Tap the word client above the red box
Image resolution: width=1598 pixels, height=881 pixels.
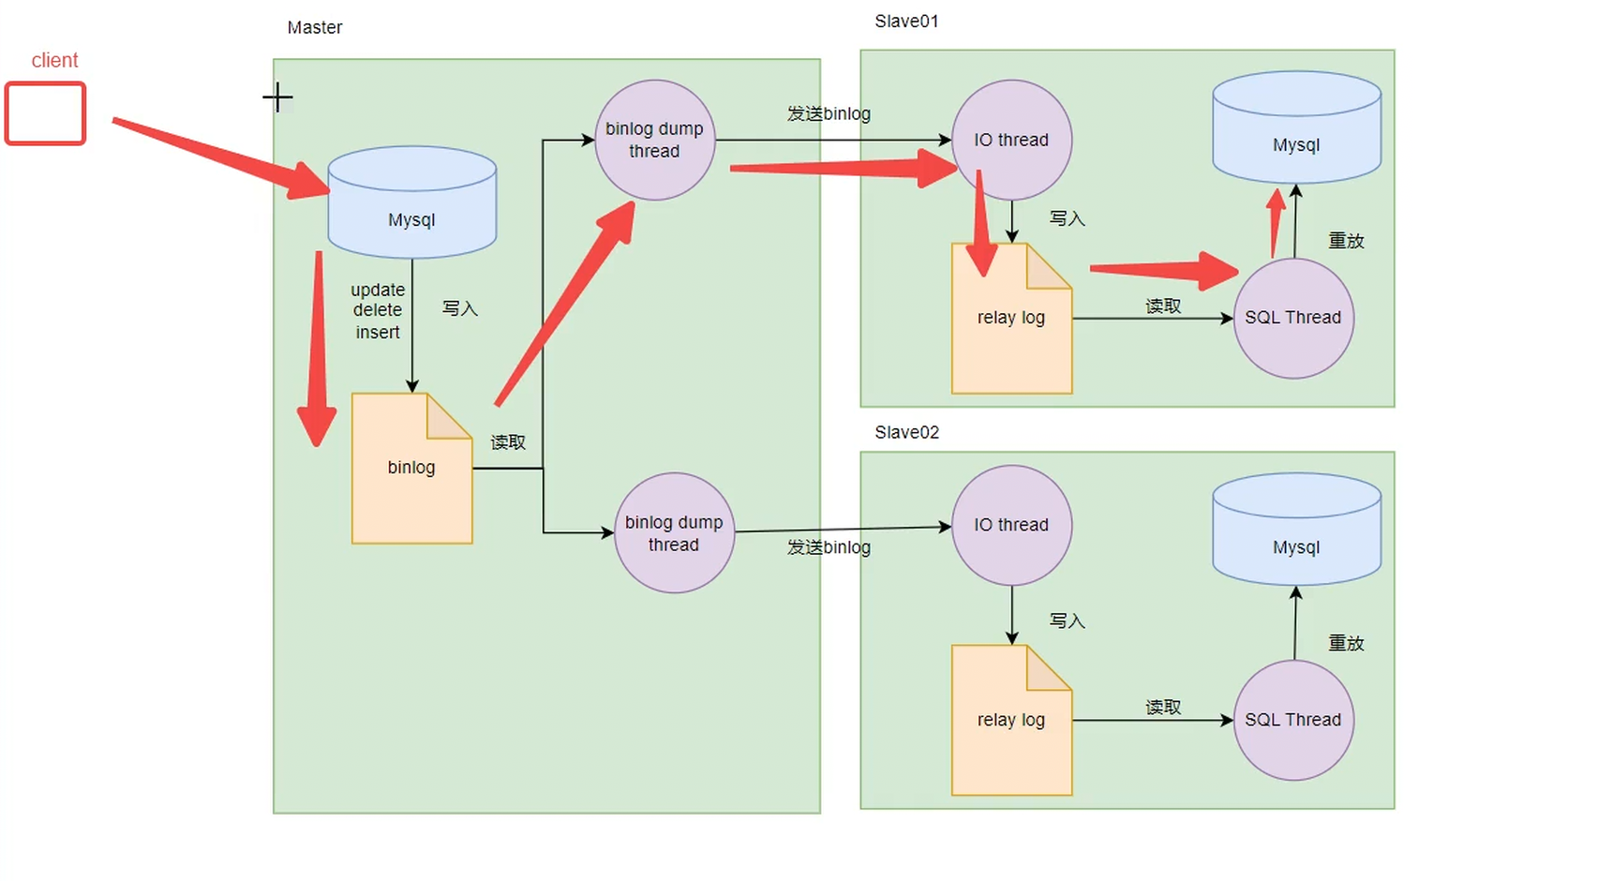[x=54, y=60]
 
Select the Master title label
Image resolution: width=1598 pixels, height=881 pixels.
[x=315, y=27]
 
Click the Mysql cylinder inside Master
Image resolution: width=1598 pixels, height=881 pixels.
[x=411, y=202]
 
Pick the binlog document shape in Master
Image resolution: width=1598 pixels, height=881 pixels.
[x=411, y=468]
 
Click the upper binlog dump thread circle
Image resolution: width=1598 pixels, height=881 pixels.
[x=655, y=140]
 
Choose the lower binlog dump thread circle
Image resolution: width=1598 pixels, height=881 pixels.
[x=674, y=533]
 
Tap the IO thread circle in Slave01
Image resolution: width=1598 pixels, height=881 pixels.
[x=1011, y=140]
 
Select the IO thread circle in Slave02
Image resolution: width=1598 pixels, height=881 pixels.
[x=1011, y=525]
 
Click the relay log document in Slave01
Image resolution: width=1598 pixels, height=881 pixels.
[x=1011, y=318]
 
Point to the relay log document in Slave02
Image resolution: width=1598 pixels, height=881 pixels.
[x=1011, y=721]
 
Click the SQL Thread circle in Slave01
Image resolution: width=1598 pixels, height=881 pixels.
[x=1293, y=318]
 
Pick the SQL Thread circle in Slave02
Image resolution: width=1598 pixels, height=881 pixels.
[x=1293, y=721]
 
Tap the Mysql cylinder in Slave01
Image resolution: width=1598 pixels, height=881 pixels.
[x=1297, y=127]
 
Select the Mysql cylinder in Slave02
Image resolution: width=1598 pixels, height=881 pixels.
[x=1297, y=530]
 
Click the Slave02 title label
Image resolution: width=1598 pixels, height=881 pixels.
[x=906, y=432]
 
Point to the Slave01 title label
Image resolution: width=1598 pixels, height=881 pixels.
[x=906, y=22]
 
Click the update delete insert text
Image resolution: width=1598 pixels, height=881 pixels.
[x=378, y=311]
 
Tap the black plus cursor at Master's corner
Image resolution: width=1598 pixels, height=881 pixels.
[x=277, y=97]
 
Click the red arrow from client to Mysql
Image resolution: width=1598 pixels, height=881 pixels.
[x=221, y=158]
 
